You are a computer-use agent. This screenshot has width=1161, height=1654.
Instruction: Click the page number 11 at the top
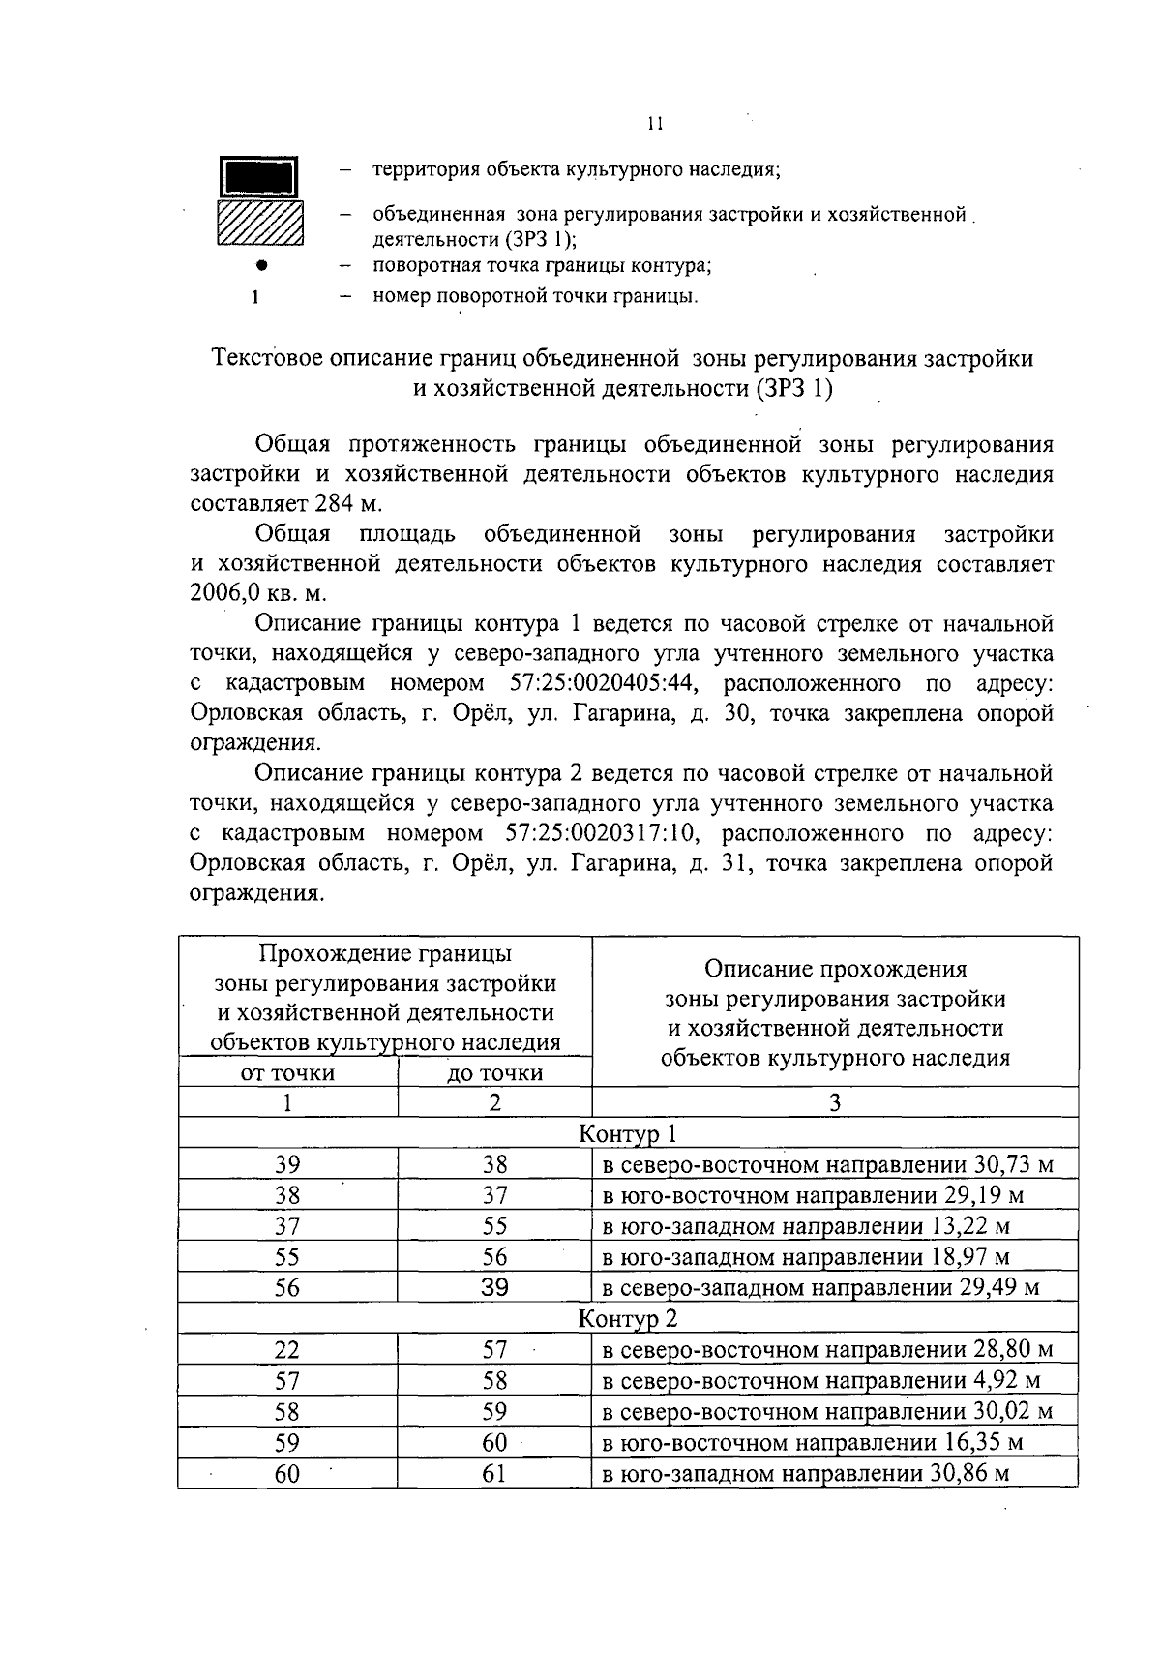coord(655,124)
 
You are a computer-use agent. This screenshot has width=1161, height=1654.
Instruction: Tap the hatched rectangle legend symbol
coord(259,224)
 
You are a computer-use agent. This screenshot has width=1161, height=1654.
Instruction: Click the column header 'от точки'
coord(287,1072)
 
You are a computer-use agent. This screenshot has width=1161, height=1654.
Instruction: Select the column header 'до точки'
coord(494,1072)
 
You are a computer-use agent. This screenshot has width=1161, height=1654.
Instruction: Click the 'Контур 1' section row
coord(628,1132)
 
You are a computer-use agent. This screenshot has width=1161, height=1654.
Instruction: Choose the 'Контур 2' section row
coord(628,1318)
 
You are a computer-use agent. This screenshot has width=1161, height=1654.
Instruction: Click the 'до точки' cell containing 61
coord(494,1473)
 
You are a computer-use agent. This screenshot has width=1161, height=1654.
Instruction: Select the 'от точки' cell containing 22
coord(287,1349)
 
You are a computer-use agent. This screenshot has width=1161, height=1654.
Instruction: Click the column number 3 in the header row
coord(834,1102)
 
